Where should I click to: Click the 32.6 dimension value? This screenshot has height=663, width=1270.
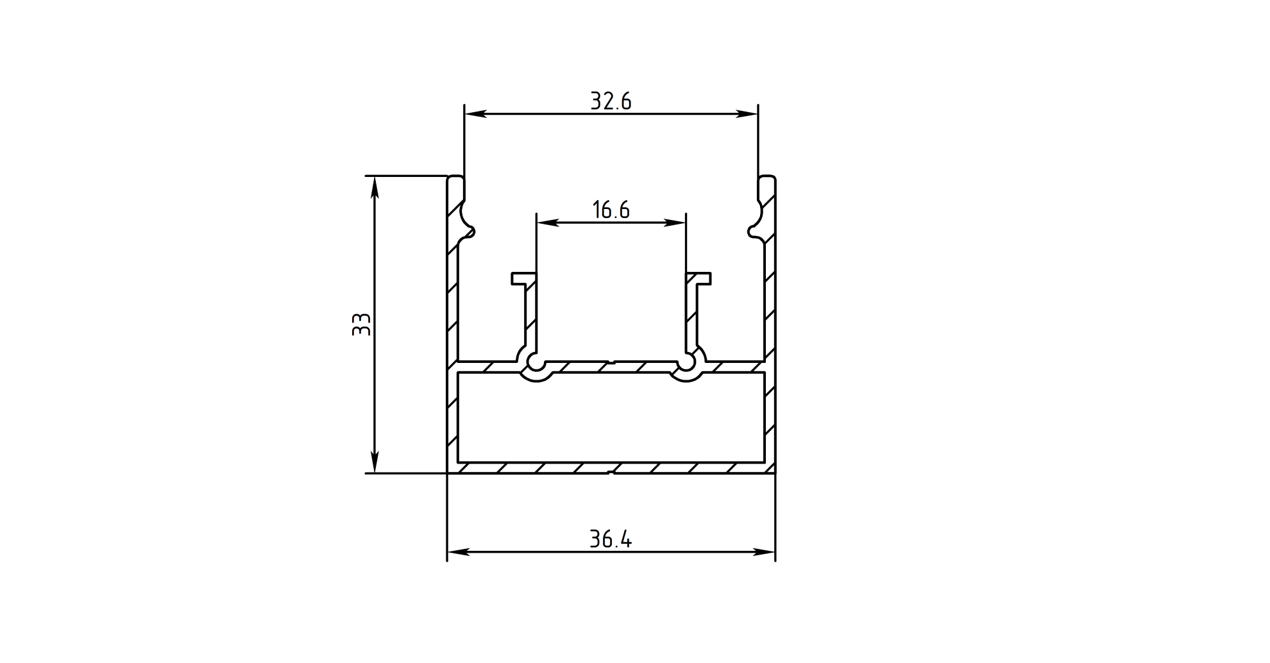pyautogui.click(x=611, y=101)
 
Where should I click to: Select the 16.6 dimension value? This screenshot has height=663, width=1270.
pyautogui.click(x=611, y=210)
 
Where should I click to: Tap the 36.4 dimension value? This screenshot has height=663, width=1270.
pyautogui.click(x=611, y=539)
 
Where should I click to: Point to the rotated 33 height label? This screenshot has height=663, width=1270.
pyautogui.click(x=362, y=324)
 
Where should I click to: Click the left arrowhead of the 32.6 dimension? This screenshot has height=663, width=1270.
pyautogui.click(x=475, y=114)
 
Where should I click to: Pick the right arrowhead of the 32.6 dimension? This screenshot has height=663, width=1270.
pyautogui.click(x=747, y=114)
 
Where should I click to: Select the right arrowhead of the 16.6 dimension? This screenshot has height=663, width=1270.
pyautogui.click(x=675, y=223)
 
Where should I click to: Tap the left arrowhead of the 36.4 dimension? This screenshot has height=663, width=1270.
pyautogui.click(x=458, y=552)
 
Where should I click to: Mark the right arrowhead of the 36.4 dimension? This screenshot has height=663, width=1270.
pyautogui.click(x=765, y=552)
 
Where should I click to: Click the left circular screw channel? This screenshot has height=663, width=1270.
pyautogui.click(x=535, y=364)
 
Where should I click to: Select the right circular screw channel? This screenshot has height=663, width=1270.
pyautogui.click(x=687, y=364)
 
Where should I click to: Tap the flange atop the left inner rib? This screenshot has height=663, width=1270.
pyautogui.click(x=523, y=278)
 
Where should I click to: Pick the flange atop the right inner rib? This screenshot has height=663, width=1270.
pyautogui.click(x=698, y=278)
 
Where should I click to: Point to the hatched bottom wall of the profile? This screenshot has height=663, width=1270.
pyautogui.click(x=611, y=468)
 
